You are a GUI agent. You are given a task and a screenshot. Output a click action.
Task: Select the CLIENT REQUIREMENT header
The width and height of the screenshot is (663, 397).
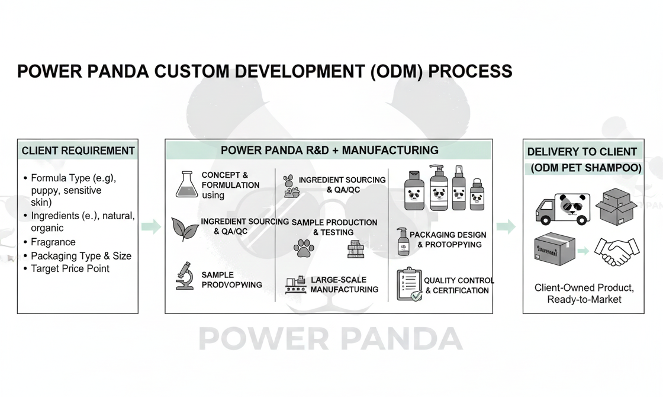(78, 151)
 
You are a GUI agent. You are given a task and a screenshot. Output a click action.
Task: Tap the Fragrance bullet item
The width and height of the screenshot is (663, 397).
(53, 242)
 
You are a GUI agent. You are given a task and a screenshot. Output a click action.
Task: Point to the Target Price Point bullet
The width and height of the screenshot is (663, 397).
(70, 268)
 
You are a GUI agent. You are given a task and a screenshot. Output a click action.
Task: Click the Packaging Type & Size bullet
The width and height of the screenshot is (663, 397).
(81, 256)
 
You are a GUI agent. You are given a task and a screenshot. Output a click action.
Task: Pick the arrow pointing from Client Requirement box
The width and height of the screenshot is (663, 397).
(152, 226)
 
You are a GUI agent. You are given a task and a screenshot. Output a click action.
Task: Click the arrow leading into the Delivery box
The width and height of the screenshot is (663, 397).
(506, 226)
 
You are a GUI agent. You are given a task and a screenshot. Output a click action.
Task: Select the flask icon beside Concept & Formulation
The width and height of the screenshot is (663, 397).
(186, 184)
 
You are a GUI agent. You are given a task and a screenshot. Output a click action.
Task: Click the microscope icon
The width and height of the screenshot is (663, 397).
(185, 277)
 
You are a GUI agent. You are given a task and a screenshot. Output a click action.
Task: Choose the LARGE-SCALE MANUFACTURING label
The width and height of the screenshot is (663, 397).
(344, 284)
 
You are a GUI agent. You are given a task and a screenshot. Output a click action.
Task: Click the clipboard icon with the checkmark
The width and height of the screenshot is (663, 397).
(408, 284)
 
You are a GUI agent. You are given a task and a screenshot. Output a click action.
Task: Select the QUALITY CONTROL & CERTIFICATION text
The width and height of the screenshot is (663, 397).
(459, 285)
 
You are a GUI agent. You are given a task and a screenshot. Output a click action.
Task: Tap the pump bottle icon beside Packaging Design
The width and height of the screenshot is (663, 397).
(403, 241)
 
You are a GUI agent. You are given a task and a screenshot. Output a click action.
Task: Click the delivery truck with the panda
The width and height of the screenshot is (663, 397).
(562, 209)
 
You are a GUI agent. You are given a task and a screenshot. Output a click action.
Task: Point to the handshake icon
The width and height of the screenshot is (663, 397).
(616, 252)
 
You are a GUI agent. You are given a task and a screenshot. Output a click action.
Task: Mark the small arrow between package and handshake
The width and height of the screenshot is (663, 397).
(584, 251)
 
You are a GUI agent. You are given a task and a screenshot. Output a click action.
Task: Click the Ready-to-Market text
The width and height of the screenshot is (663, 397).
(584, 299)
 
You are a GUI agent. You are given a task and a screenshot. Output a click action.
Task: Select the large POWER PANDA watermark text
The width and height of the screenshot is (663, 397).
(331, 338)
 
